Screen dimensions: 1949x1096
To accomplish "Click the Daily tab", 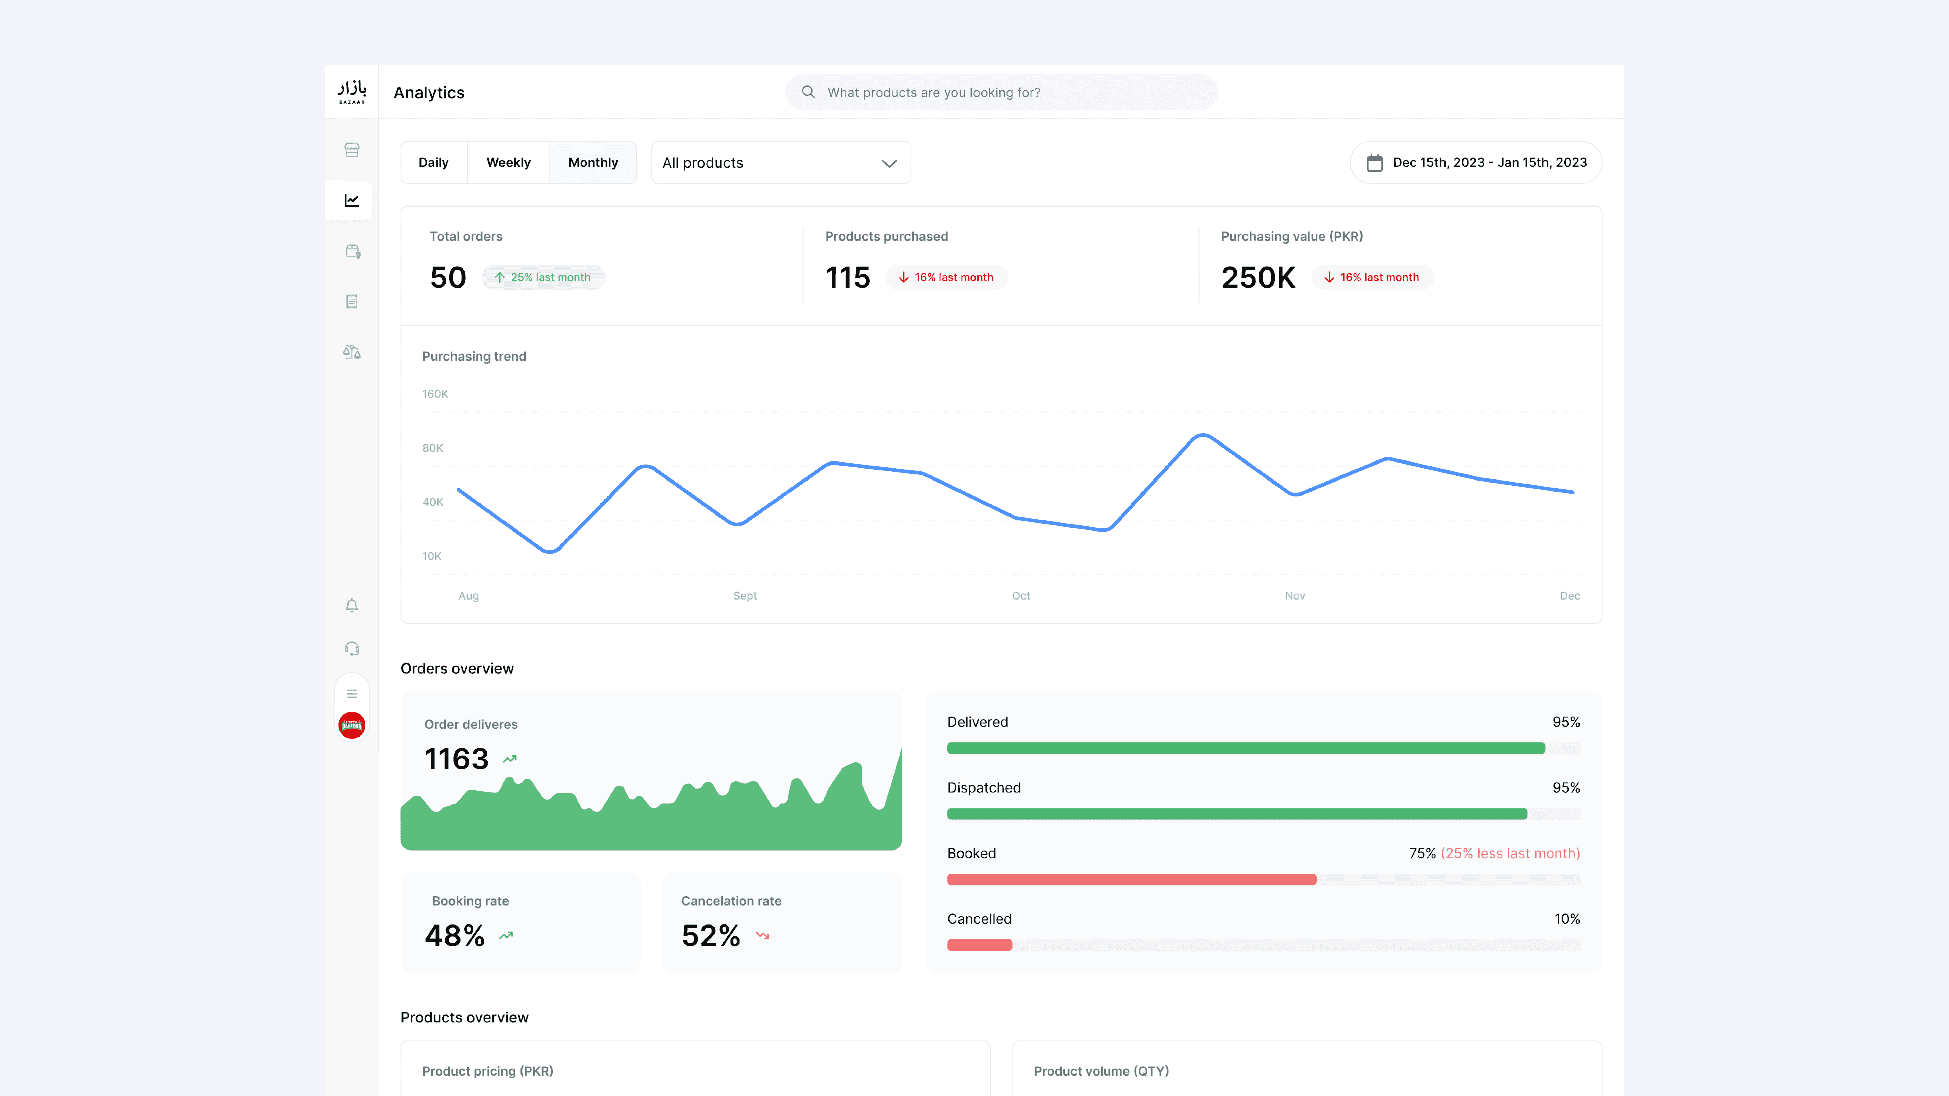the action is point(433,163).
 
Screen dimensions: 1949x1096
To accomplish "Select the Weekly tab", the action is point(508,163).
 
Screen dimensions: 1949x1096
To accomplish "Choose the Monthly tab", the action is point(593,163).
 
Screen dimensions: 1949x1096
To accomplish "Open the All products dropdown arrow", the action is point(889,163).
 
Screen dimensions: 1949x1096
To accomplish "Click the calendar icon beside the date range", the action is point(1375,163).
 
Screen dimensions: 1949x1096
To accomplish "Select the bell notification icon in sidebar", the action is point(352,605).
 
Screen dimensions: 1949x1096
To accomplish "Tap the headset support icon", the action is point(352,648).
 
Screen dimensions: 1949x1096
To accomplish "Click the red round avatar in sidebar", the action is point(352,725).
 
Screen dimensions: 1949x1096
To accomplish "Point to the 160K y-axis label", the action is point(435,394).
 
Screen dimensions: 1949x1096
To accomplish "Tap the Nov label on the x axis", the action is point(1295,596).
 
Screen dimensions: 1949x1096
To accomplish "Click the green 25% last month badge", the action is point(543,278).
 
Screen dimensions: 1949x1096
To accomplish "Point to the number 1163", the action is point(456,759).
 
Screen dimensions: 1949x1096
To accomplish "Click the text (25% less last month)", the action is point(1510,853).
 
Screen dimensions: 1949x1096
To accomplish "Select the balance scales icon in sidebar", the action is point(352,352).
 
